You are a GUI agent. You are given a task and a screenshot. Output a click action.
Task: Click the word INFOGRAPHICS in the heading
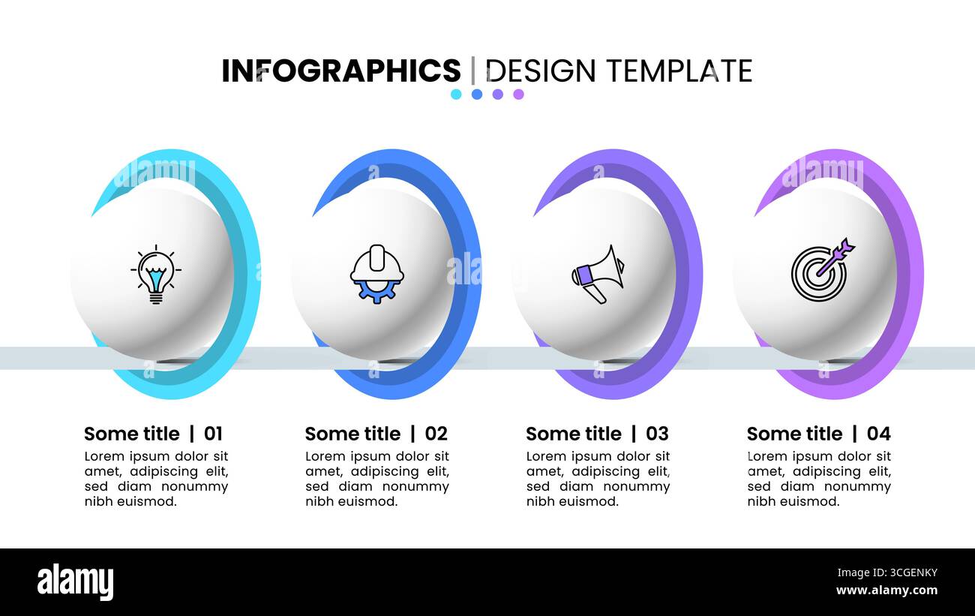click(340, 71)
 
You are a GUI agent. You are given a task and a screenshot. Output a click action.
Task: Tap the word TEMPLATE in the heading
click(679, 71)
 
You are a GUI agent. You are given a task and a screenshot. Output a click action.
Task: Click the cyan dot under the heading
click(456, 95)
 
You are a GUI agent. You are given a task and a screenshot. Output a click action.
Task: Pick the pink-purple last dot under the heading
click(518, 95)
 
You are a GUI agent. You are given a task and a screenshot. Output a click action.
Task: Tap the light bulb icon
click(155, 274)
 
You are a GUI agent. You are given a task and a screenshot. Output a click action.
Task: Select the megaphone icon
click(598, 274)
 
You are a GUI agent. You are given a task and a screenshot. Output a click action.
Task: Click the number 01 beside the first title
click(214, 434)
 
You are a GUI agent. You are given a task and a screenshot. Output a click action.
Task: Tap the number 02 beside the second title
click(436, 434)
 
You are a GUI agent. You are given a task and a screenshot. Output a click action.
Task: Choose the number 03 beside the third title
click(657, 434)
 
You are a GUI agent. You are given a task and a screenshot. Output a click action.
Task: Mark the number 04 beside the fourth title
click(878, 434)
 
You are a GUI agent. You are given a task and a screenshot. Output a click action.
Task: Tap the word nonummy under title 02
click(415, 486)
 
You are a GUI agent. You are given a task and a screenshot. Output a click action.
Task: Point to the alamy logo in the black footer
click(75, 582)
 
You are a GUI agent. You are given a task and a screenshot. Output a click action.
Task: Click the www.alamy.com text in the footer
click(886, 590)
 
